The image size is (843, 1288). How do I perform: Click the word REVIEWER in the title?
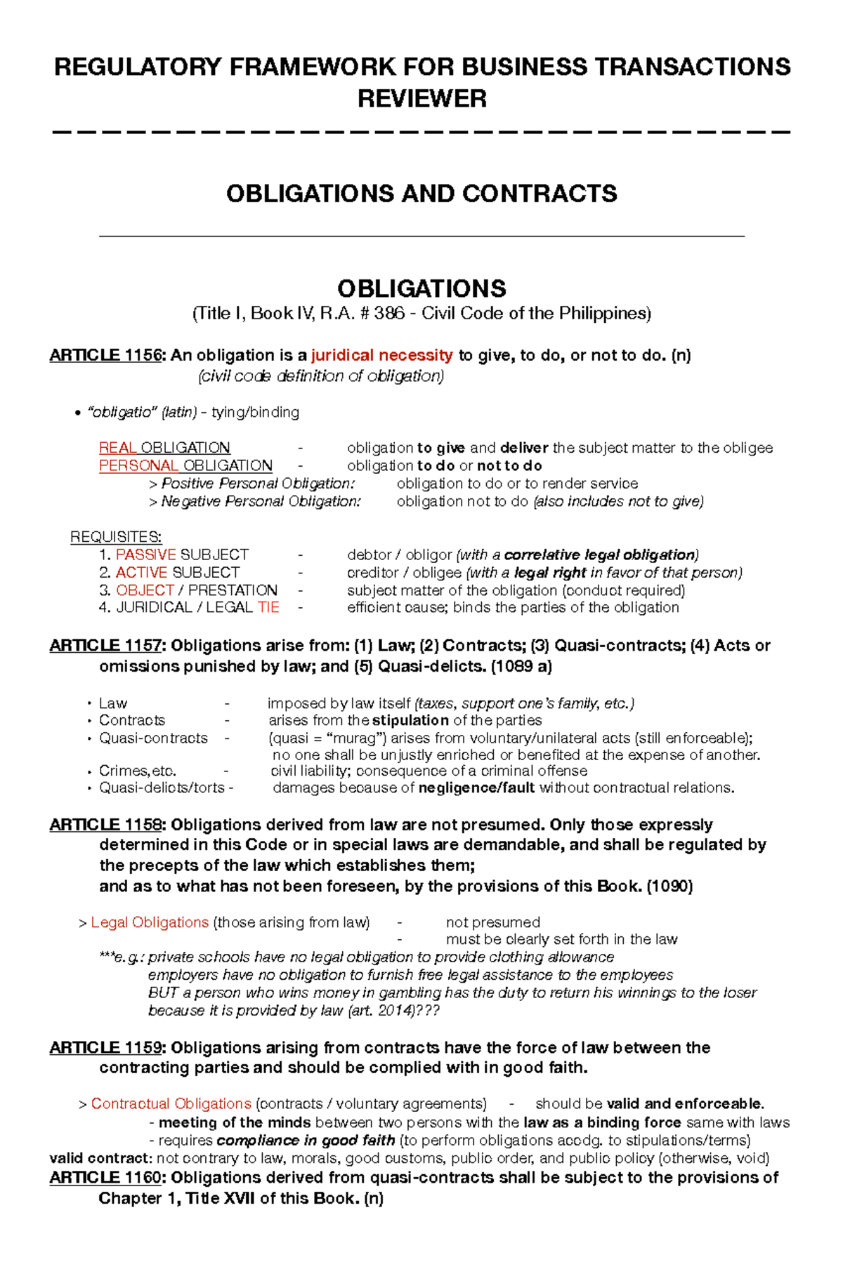421,98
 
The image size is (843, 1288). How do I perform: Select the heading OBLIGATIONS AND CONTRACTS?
421,194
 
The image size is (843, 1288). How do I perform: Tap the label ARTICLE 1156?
105,355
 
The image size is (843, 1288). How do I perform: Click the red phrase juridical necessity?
382,355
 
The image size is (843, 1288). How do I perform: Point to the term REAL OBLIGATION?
164,448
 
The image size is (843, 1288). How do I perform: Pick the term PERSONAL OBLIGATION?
185,465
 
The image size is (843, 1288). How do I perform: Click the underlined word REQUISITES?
116,538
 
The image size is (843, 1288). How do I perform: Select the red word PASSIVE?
145,555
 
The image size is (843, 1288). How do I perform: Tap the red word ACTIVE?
141,573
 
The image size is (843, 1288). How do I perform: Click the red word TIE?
268,607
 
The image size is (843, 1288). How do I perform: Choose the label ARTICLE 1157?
105,646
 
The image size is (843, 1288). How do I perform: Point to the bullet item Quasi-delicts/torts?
162,788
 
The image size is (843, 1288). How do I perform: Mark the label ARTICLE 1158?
105,825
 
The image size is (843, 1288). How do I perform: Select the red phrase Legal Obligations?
150,922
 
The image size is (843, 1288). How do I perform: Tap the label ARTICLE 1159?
105,1048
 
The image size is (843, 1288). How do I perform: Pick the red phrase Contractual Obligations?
171,1103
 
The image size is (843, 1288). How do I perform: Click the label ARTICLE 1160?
105,1177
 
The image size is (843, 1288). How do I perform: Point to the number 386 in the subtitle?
389,313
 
